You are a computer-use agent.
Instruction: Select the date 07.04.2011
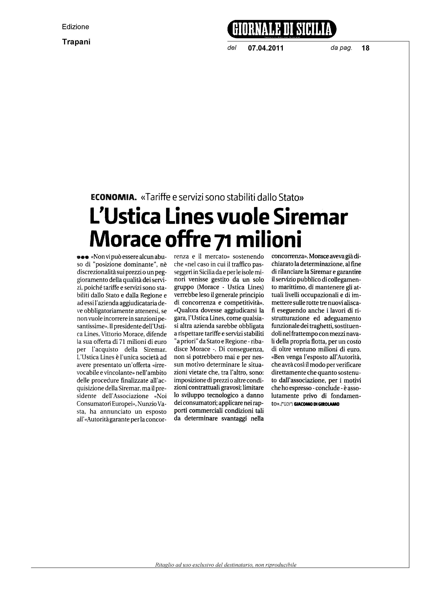pos(266,48)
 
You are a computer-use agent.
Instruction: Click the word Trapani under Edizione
pos(76,42)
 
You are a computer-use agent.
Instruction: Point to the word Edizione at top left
pos(75,27)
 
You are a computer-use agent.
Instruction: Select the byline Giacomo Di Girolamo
pos(316,404)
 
